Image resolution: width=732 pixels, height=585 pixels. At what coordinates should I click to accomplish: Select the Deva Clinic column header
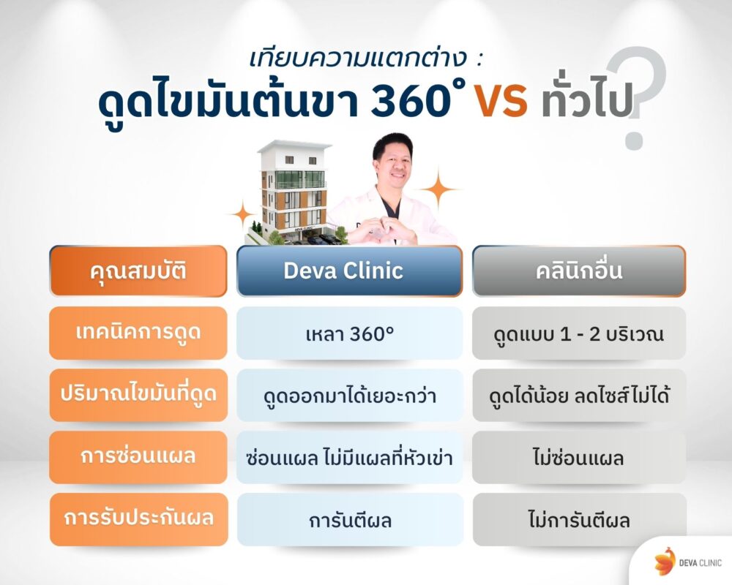click(349, 271)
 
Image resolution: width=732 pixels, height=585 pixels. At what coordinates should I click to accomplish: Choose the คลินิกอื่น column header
click(578, 271)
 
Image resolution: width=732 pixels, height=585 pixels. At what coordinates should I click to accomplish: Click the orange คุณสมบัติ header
click(138, 271)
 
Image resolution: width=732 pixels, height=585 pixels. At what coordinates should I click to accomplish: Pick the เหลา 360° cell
click(349, 333)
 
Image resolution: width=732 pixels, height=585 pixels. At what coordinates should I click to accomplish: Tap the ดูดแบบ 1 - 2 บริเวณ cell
click(578, 333)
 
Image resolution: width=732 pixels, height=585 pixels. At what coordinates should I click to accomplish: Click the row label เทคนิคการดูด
click(138, 333)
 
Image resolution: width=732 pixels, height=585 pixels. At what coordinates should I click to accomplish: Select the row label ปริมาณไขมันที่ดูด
click(138, 396)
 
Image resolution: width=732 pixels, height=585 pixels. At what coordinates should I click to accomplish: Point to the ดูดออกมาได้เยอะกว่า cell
click(349, 396)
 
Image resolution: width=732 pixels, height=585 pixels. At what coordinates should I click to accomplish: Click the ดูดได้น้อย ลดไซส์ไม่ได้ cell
click(578, 396)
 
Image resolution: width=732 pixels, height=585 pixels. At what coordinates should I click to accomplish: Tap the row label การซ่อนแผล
click(138, 458)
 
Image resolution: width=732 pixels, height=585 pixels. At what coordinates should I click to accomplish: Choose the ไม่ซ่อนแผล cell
click(578, 458)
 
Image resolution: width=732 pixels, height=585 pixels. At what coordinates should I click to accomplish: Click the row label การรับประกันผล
click(138, 520)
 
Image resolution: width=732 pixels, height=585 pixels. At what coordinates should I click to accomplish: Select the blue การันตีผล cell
click(349, 520)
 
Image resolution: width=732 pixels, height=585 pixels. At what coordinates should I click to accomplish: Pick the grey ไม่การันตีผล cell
click(578, 520)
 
